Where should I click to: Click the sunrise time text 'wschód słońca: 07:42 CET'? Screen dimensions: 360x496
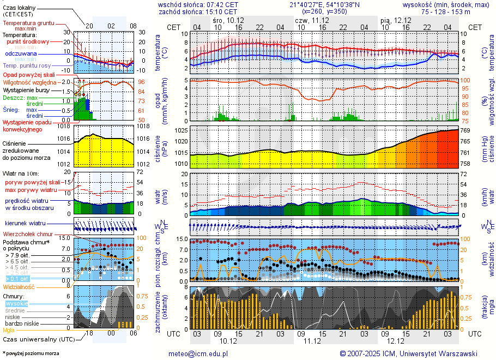point(198,4)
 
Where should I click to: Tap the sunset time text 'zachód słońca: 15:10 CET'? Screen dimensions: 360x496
point(198,11)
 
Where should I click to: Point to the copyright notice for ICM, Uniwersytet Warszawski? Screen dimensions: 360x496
point(408,353)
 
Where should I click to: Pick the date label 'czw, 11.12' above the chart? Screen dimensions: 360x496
point(310,20)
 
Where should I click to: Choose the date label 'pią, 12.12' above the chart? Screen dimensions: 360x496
point(395,20)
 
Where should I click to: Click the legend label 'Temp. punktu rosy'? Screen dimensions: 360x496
point(27,65)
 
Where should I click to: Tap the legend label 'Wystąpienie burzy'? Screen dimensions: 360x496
point(26,89)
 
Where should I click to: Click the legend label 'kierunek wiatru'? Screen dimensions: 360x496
point(25,224)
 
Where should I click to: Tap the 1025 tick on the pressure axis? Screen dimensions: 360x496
point(182,130)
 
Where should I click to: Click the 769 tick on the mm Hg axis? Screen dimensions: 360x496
point(466,130)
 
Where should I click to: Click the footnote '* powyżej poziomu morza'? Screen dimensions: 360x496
point(31,353)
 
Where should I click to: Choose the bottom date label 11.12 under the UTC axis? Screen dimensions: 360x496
point(311,341)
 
